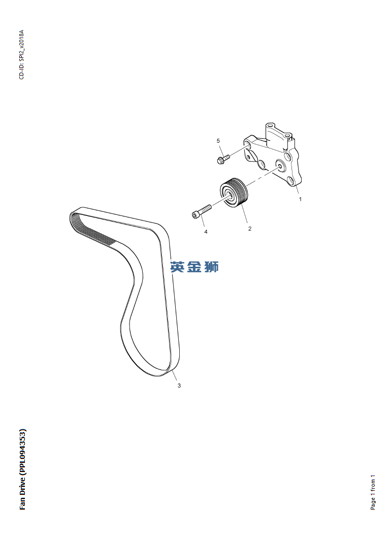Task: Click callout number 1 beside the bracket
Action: (x=300, y=199)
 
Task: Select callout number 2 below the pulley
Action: (x=250, y=229)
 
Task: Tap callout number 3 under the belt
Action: (x=179, y=386)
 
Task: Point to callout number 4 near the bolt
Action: (x=206, y=232)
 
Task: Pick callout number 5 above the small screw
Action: (x=218, y=140)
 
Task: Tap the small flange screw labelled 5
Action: (x=223, y=159)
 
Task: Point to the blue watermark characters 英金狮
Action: (x=195, y=266)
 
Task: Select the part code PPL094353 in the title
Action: (x=22, y=452)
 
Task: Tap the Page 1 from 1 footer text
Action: (x=373, y=493)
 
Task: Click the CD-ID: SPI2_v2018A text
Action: (x=21, y=55)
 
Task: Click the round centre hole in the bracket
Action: (x=280, y=165)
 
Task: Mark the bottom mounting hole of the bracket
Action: (x=290, y=181)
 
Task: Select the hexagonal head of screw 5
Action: (x=220, y=161)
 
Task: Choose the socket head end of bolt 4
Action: (x=196, y=215)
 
